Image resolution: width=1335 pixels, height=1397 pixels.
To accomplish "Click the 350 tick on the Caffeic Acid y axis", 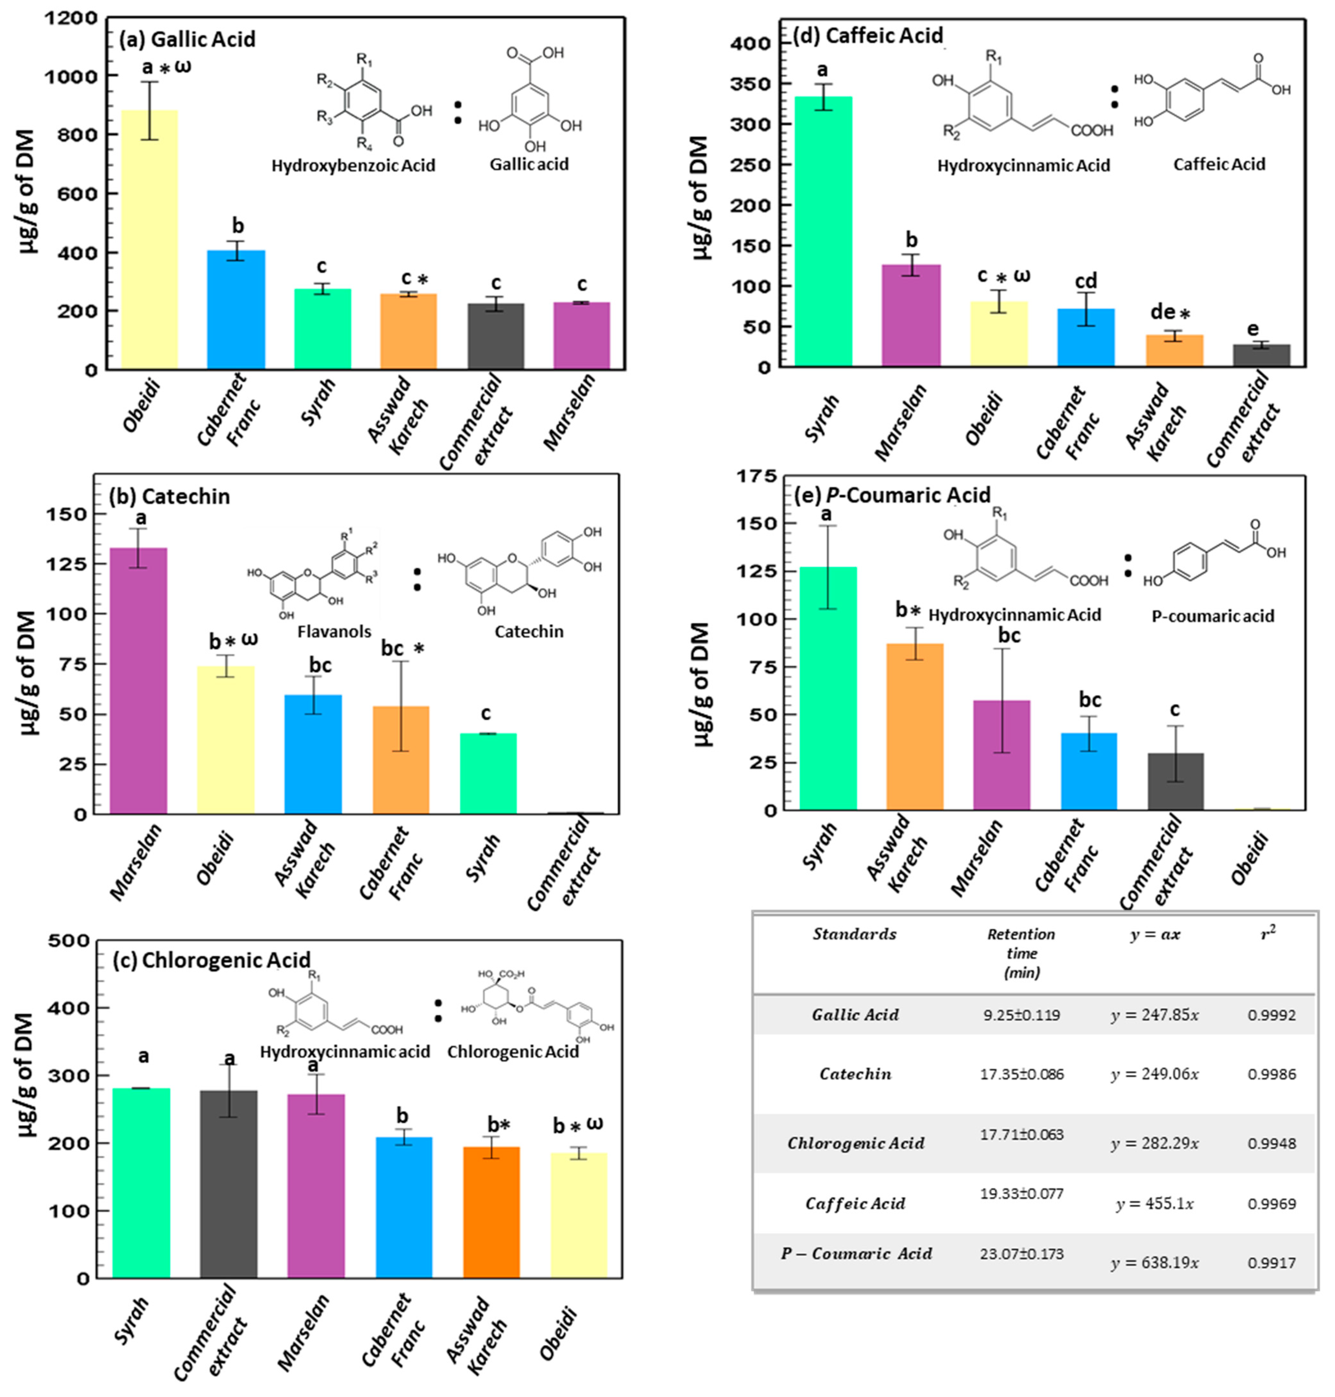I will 750,84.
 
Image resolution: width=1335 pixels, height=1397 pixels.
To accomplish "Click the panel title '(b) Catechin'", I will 169,496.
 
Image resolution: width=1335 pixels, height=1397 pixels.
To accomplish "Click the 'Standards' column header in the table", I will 855,934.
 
